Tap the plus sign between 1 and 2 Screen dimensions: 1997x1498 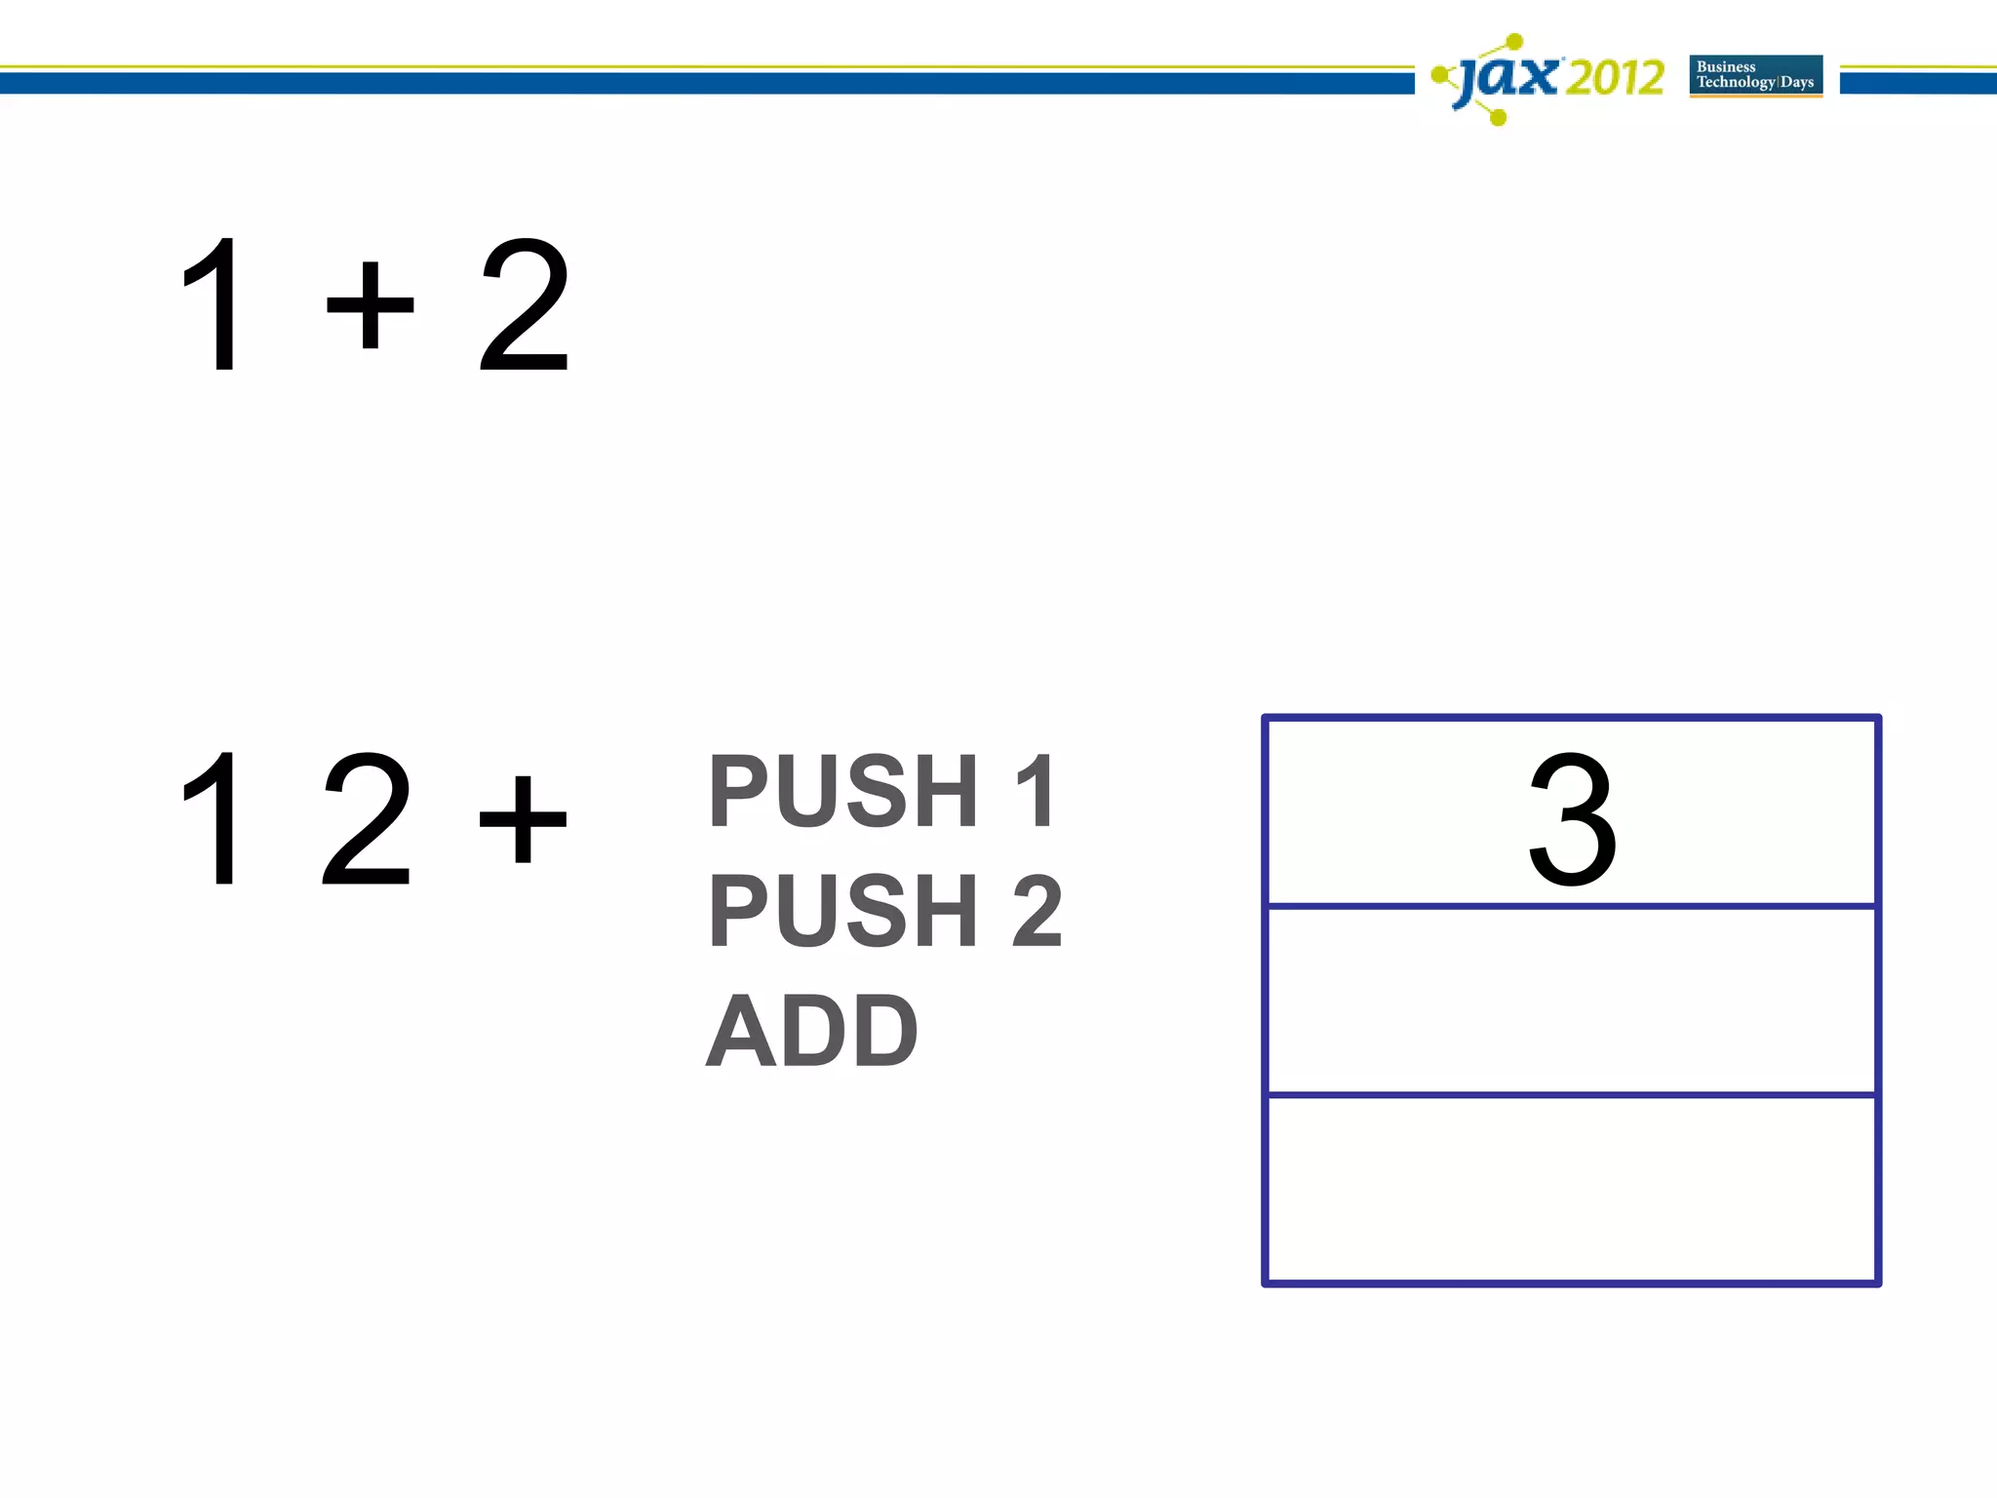pyautogui.click(x=370, y=304)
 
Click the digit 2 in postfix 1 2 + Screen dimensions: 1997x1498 pyautogui.click(x=367, y=819)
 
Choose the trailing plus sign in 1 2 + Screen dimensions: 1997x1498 pyautogui.click(x=523, y=819)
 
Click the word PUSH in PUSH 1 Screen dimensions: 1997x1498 pyautogui.click(x=843, y=792)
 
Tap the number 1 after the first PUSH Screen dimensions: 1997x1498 pyautogui.click(x=1036, y=792)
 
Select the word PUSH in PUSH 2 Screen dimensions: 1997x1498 pyautogui.click(x=843, y=911)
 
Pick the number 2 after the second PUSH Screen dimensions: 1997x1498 pyautogui.click(x=1038, y=911)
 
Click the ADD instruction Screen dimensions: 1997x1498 pyautogui.click(x=811, y=1031)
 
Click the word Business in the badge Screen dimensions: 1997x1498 pyautogui.click(x=1726, y=66)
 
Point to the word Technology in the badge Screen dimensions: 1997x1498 pyautogui.click(x=1736, y=82)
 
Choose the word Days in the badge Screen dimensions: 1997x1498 pyautogui.click(x=1797, y=82)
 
